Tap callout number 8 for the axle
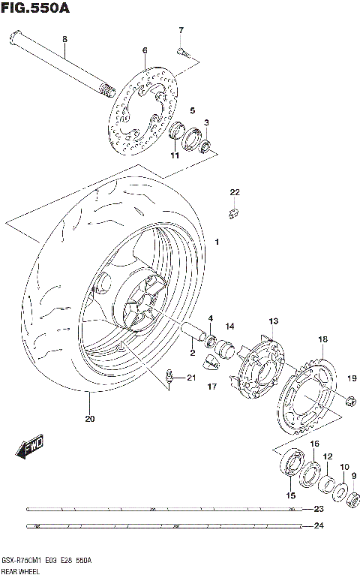pos(64,39)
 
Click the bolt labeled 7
pos(182,52)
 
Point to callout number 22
pos(234,192)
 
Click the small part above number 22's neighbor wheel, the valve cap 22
pos(233,213)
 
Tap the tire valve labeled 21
pos(169,377)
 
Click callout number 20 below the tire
pos(90,419)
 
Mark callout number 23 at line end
pos(318,510)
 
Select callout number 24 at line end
pos(318,525)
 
